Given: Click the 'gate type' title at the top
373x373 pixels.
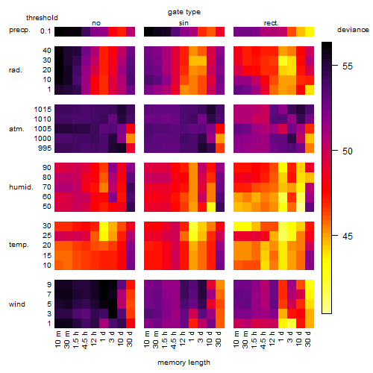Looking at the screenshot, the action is click(x=184, y=12).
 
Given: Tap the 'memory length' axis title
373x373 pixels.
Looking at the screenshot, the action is click(x=184, y=363).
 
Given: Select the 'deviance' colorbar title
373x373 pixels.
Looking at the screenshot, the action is click(x=353, y=30).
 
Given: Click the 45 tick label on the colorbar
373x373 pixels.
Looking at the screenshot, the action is click(x=348, y=236).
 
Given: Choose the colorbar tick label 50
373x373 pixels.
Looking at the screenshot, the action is click(x=348, y=151).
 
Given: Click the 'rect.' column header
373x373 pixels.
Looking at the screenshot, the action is click(x=271, y=23).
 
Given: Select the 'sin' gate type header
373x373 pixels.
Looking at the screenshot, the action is click(x=184, y=23).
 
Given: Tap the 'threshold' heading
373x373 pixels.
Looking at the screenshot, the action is click(x=42, y=18).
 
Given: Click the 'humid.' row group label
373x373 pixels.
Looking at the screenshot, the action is click(x=21, y=187).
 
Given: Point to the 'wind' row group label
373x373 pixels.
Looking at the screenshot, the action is click(x=17, y=304).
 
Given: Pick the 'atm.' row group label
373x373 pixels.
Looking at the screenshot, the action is click(x=16, y=129).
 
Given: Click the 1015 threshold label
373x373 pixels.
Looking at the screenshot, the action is click(x=43, y=110).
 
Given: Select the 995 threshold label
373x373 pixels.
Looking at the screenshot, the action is click(x=45, y=148).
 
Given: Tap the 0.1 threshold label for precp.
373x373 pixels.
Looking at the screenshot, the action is click(x=46, y=31).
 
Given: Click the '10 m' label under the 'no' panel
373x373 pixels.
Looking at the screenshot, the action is click(x=57, y=339).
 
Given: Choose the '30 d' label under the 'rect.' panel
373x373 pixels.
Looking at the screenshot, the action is click(x=308, y=339).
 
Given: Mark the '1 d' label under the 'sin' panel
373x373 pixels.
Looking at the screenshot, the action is click(x=192, y=336).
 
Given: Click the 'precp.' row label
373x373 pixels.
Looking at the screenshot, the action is click(x=19, y=31).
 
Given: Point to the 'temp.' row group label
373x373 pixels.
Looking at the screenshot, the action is click(x=19, y=245).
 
